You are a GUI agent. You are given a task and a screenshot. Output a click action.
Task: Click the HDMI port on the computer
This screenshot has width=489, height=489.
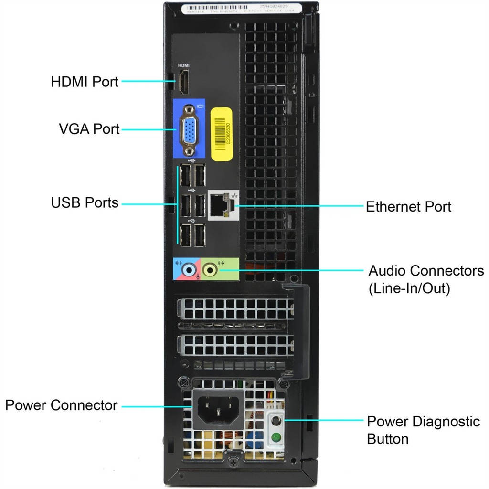coord(184,82)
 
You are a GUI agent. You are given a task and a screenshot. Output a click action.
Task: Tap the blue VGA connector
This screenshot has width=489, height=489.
coord(190,129)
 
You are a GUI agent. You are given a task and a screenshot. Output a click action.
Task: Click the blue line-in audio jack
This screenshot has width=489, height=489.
coord(190,271)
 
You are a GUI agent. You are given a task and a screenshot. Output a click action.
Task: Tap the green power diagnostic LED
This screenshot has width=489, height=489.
coord(276,436)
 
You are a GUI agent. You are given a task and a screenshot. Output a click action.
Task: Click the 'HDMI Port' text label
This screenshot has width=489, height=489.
coord(85,82)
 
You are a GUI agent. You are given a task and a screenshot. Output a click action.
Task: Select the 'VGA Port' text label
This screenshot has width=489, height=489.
coord(89,129)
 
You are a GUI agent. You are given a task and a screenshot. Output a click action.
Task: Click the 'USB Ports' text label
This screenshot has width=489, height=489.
coord(85,202)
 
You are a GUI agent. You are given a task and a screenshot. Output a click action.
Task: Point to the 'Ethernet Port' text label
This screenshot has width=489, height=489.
coord(408,207)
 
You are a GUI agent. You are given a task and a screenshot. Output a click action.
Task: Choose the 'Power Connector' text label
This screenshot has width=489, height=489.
coord(61,405)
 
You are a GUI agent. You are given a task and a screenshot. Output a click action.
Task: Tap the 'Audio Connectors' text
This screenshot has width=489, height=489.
coord(426,271)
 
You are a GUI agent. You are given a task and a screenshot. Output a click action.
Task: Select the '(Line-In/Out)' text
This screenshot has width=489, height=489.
coord(409,288)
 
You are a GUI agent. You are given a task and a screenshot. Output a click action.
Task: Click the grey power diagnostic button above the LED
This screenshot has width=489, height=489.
coord(276,421)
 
